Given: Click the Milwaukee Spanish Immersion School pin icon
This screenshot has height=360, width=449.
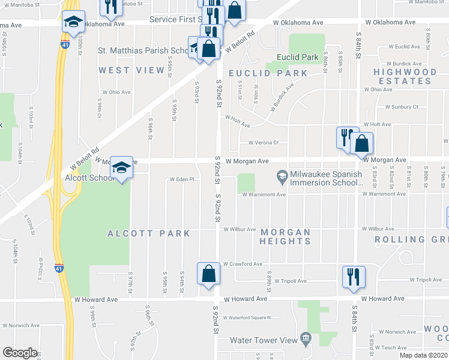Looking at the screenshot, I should [x=282, y=175].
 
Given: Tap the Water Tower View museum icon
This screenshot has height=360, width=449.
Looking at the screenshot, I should [x=306, y=340].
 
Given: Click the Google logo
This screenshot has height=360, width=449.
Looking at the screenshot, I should [x=20, y=353].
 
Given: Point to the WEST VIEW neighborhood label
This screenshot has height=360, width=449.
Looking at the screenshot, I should [x=131, y=71].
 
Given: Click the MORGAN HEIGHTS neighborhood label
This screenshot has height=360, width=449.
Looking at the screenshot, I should [x=285, y=236].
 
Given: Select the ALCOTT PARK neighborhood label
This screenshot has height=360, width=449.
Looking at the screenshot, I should [x=149, y=233].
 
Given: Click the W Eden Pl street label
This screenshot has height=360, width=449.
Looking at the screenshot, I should [x=182, y=179].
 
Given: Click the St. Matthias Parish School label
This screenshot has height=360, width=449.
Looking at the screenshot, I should [x=144, y=51].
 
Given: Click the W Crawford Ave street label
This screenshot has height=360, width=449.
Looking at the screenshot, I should [x=243, y=263].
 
